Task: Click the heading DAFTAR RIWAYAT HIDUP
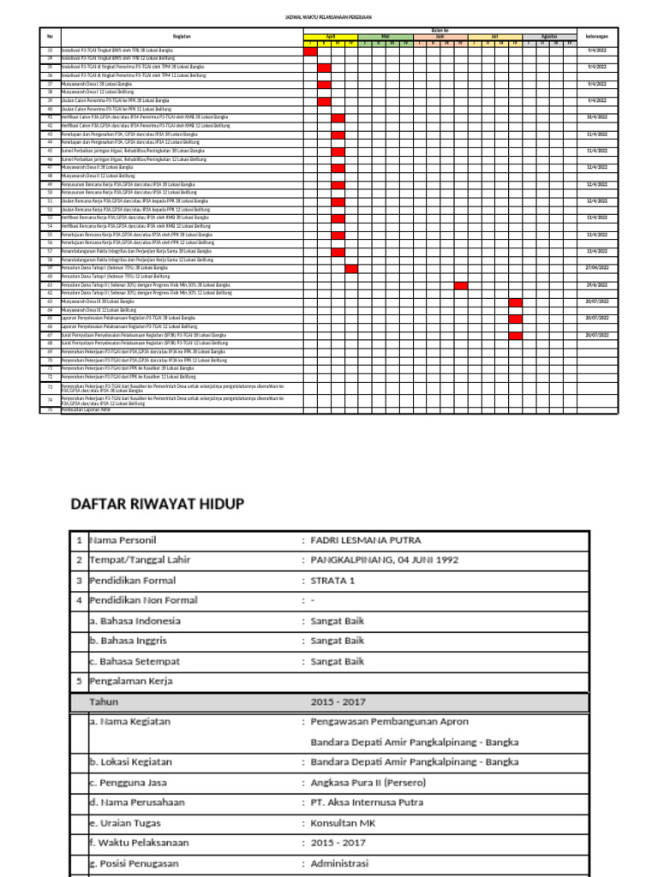[157, 504]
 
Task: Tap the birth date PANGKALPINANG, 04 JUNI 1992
[384, 560]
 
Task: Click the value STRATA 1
[332, 580]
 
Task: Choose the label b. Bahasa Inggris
[129, 641]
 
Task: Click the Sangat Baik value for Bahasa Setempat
[337, 661]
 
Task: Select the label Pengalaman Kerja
[131, 682]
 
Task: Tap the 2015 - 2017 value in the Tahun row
[338, 702]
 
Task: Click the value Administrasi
[338, 862]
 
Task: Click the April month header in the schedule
[331, 37]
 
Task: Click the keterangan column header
[596, 37]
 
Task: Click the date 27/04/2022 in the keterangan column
[596, 268]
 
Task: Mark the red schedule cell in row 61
[461, 285]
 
